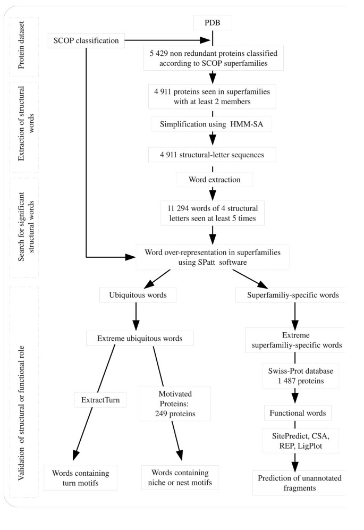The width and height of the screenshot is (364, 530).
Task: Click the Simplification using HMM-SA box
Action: click(212, 124)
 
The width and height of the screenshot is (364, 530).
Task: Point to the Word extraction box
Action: click(212, 180)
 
